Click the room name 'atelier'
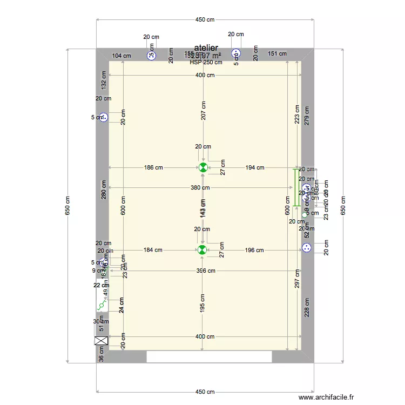pyautogui.click(x=206, y=48)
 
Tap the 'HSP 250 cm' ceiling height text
pyautogui.click(x=206, y=62)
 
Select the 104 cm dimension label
pyautogui.click(x=122, y=55)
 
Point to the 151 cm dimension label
pyautogui.click(x=277, y=53)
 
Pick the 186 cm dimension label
pyautogui.click(x=153, y=167)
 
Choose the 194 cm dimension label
pyautogui.click(x=254, y=167)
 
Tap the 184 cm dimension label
pyautogui.click(x=153, y=250)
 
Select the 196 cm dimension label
pyautogui.click(x=254, y=250)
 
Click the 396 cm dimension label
pyautogui.click(x=206, y=271)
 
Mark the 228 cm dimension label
pyautogui.click(x=307, y=308)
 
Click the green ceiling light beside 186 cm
pyautogui.click(x=203, y=167)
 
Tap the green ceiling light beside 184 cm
pyautogui.click(x=202, y=249)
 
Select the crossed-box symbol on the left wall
pyautogui.click(x=101, y=340)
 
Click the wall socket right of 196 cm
pyautogui.click(x=307, y=248)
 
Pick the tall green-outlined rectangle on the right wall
pyautogui.click(x=296, y=187)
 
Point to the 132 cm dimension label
pyautogui.click(x=104, y=80)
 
